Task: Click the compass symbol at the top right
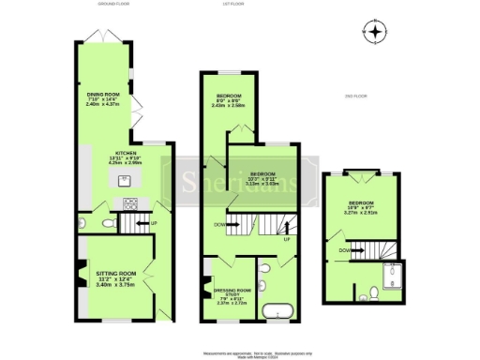376,33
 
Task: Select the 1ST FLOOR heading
247,5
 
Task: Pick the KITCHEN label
127,153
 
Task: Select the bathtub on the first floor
278,311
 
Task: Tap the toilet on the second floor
374,292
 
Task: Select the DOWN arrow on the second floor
347,249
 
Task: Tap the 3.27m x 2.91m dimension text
361,213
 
